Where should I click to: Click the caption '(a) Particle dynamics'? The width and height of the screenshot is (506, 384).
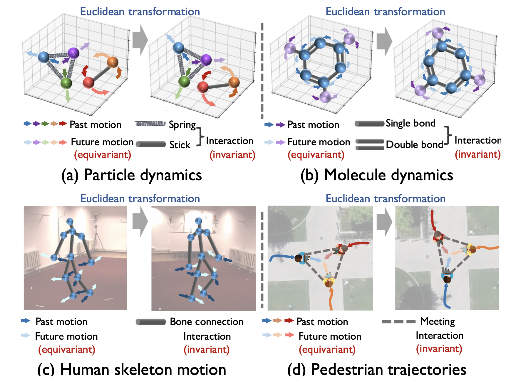131,175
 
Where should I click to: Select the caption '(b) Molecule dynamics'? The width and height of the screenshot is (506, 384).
376,175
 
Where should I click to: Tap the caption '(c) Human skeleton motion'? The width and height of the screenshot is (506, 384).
132,369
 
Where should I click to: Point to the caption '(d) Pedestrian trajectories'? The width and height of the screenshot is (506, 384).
377,369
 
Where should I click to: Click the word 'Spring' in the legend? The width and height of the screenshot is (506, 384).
182,125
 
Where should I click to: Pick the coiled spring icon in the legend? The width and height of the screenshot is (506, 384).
150,124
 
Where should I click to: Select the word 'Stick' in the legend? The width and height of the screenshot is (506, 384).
180,145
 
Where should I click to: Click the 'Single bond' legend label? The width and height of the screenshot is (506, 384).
410,123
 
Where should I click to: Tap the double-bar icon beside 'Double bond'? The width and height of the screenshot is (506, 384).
370,145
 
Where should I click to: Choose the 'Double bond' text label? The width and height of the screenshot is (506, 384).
414,144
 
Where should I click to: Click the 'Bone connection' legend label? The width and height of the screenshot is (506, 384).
207,322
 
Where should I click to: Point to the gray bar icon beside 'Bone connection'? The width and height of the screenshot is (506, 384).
151,322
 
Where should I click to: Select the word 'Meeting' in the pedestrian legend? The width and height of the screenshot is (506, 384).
438,321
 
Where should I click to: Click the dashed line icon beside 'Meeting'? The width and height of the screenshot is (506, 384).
399,322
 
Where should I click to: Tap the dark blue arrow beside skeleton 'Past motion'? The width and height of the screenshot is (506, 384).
26,321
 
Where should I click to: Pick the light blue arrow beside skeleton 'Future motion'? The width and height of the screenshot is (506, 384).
26,335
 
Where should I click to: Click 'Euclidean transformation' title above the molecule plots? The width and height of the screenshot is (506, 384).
385,12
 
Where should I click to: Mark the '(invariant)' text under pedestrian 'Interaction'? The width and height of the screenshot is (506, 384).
439,349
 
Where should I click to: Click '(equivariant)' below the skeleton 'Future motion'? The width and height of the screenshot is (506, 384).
67,350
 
